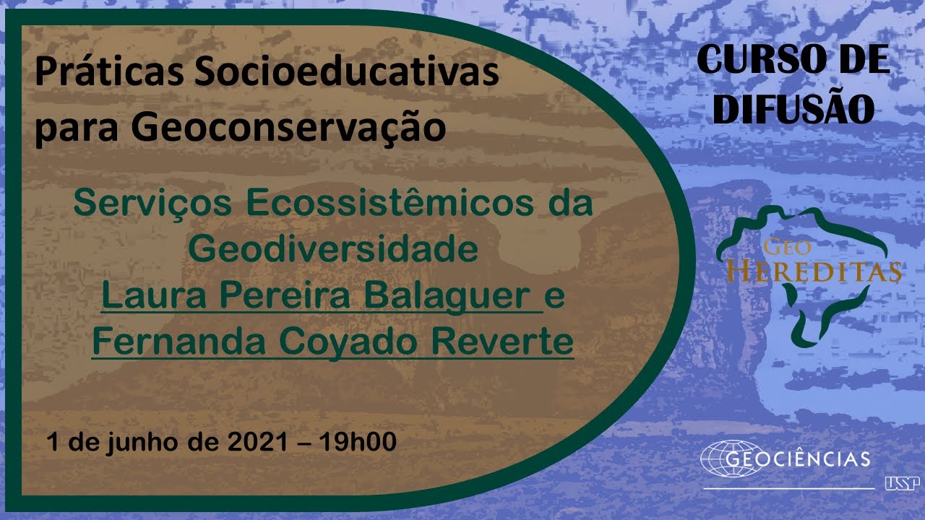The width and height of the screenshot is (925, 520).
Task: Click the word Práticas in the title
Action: (x=109, y=72)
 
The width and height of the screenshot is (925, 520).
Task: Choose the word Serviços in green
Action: (x=152, y=203)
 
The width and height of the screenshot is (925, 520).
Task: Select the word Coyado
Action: (x=348, y=342)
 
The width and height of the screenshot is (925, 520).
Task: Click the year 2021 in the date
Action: (x=257, y=442)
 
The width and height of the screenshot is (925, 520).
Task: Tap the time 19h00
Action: (x=358, y=442)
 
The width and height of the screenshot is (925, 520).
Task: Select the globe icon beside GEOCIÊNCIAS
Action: (x=730, y=459)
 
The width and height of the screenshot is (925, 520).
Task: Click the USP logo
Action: (x=902, y=483)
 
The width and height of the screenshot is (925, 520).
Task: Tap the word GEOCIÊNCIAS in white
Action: (x=797, y=459)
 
